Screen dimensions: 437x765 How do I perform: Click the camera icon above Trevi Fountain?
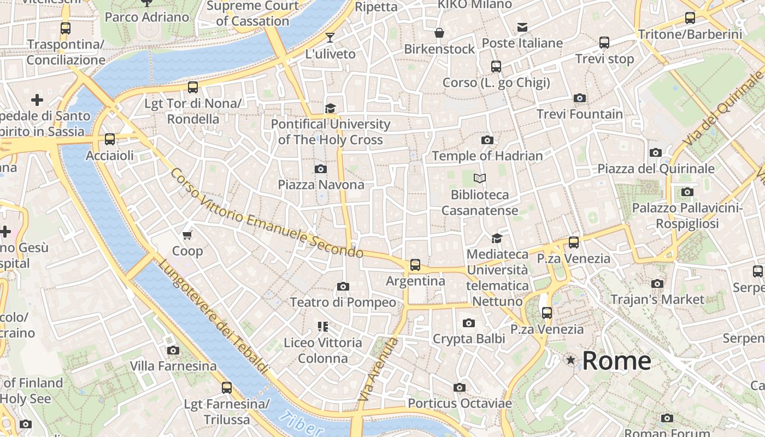pyautogui.click(x=580, y=98)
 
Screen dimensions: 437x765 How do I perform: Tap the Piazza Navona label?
pyautogui.click(x=321, y=185)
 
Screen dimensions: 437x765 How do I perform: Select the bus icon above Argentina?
pyautogui.click(x=415, y=265)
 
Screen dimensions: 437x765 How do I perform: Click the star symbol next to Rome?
pyautogui.click(x=570, y=360)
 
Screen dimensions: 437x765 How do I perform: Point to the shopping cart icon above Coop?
pyautogui.click(x=187, y=235)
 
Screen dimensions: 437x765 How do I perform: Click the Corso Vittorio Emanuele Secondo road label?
pyautogui.click(x=267, y=214)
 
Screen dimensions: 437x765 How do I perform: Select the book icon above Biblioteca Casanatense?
pyautogui.click(x=480, y=178)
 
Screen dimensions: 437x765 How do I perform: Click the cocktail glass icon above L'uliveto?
pyautogui.click(x=330, y=38)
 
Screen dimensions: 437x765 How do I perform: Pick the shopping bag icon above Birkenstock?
pyautogui.click(x=439, y=33)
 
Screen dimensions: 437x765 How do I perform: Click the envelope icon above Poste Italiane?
pyautogui.click(x=522, y=27)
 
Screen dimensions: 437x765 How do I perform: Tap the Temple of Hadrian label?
pyautogui.click(x=487, y=156)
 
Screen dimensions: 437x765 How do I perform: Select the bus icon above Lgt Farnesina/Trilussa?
pyautogui.click(x=227, y=388)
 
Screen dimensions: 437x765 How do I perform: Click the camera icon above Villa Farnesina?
pyautogui.click(x=173, y=350)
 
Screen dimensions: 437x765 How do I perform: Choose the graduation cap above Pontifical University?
pyautogui.click(x=330, y=108)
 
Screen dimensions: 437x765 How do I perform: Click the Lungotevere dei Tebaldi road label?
pyautogui.click(x=214, y=317)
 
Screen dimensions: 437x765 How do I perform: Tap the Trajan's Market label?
pyautogui.click(x=657, y=299)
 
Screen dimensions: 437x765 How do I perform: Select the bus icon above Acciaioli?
pyautogui.click(x=110, y=139)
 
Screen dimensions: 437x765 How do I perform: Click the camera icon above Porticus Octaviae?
pyautogui.click(x=460, y=387)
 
